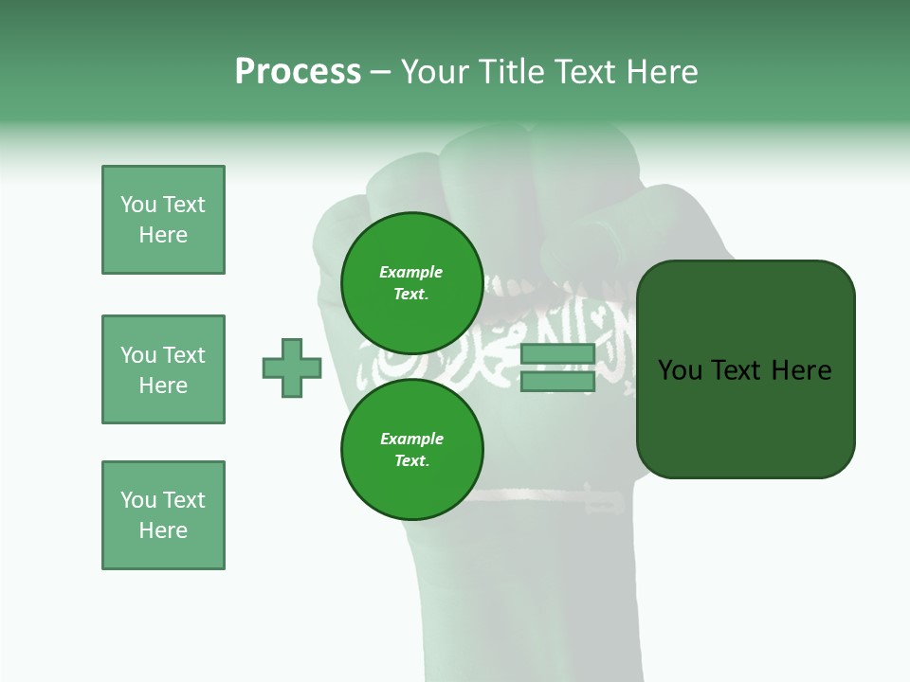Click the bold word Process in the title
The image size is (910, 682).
[x=298, y=72]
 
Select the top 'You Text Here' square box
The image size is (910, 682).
[x=163, y=220]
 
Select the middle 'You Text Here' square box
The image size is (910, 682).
[x=163, y=369]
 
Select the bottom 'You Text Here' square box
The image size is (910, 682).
[x=163, y=515]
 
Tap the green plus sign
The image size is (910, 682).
[x=292, y=368]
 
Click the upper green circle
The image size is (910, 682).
[x=411, y=282]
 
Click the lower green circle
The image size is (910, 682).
[x=411, y=449]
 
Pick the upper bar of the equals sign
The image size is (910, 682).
[x=557, y=354]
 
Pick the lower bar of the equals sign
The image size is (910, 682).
[x=557, y=381]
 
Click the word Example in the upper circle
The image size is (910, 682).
[x=411, y=272]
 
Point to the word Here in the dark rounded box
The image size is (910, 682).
[x=801, y=369]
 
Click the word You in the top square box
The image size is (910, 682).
[x=138, y=205]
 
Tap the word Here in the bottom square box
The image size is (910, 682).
[x=163, y=530]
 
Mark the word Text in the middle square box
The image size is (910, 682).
[x=183, y=355]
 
